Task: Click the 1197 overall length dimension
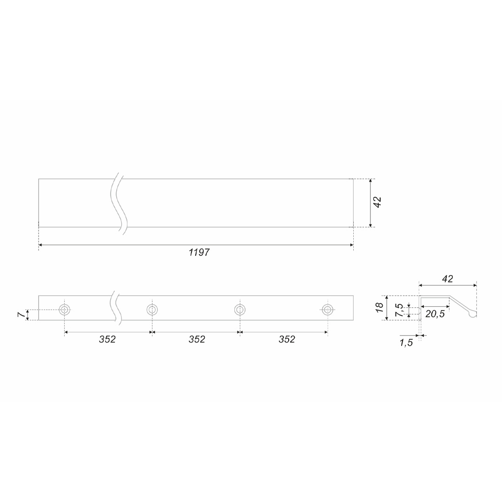pos(199,252)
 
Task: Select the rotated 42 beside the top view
pos(377,202)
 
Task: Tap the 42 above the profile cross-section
pos(448,279)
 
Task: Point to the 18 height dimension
pos(379,307)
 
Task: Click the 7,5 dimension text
pos(399,310)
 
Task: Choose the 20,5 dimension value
pos(435,314)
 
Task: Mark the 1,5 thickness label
pos(406,343)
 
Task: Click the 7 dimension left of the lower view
pos(21,315)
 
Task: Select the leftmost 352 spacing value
pos(107,339)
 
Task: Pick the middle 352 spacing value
pos(197,339)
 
